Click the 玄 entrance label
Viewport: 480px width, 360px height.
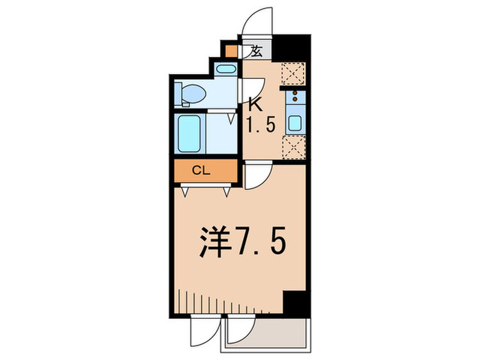point(256,51)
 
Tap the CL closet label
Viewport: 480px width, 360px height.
point(200,171)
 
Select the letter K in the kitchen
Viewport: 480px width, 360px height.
point(255,105)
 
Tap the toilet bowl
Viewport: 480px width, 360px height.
point(193,93)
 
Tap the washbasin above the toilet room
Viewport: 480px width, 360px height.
point(224,69)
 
